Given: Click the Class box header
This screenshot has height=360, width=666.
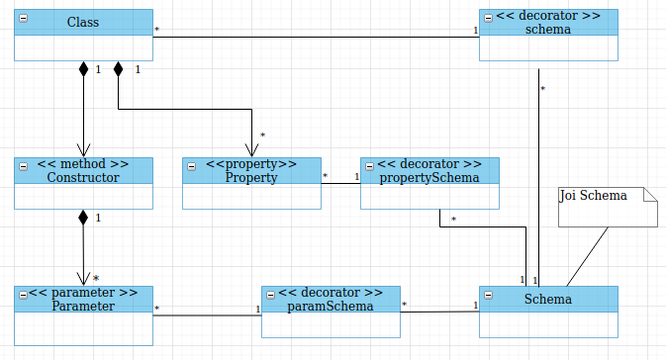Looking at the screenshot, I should click(83, 22).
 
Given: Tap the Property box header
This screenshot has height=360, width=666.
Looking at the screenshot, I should click(251, 170).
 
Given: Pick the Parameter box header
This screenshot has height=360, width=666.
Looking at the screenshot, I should click(83, 299).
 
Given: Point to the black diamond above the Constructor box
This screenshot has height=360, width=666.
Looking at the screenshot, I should click(83, 70).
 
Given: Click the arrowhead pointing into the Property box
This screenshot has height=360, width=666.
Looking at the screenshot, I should click(251, 150).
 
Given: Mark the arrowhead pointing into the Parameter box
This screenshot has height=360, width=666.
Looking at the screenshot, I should click(83, 279).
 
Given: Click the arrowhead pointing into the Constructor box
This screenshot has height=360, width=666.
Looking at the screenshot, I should click(83, 150).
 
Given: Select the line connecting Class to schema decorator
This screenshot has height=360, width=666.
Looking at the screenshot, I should click(317, 37).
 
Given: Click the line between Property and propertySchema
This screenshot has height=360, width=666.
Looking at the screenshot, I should click(341, 183).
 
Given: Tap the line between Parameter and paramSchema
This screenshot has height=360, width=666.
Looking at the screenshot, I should click(208, 315).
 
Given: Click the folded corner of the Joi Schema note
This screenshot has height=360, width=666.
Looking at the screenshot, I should click(650, 194).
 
